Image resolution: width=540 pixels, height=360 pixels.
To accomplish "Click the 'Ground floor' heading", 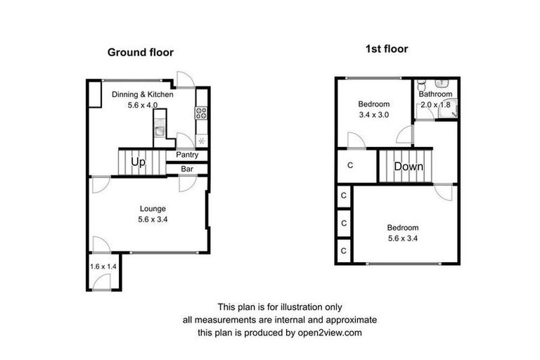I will [x=140, y=52].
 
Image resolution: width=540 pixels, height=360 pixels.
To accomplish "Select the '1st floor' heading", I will [x=387, y=49].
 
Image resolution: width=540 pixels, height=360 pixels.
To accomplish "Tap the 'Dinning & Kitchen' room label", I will [x=143, y=94].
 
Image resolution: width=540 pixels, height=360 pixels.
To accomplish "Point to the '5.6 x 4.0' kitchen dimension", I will [x=143, y=105].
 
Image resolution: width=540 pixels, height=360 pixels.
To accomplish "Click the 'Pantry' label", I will [x=186, y=155].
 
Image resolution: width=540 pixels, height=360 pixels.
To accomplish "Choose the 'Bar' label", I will [x=187, y=169].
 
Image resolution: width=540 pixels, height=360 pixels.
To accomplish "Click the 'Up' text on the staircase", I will [x=138, y=162].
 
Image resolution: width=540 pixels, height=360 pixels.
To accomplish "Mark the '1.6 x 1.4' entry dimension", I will [x=103, y=266].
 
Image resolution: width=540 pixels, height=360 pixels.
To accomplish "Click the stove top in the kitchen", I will [x=201, y=111].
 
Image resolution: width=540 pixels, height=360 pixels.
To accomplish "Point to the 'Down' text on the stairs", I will [x=408, y=167].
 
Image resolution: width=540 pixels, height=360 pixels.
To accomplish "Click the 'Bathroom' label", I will [x=435, y=94].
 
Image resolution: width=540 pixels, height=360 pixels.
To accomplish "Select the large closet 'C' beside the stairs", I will [x=350, y=166].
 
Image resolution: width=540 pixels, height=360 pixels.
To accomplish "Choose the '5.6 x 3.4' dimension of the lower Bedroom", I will [x=403, y=238].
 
